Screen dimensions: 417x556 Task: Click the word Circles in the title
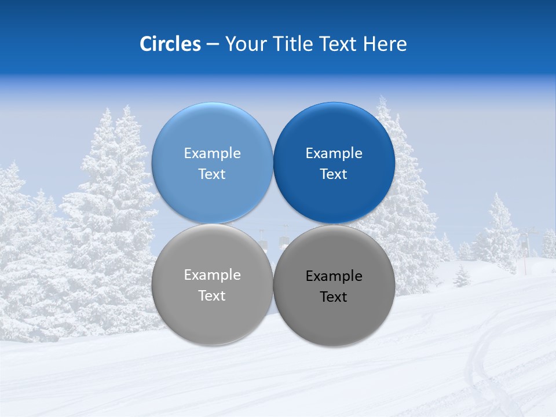[x=170, y=44]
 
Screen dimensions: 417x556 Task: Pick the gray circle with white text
[x=212, y=316]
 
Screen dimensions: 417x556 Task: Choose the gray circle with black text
[x=334, y=319]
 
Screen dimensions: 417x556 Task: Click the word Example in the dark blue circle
[x=334, y=153]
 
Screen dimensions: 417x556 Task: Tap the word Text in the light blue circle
[x=212, y=174]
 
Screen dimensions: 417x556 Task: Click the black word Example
[x=334, y=276]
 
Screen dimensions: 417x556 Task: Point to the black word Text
[x=334, y=297]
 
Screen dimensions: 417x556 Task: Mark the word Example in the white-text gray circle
[x=212, y=275]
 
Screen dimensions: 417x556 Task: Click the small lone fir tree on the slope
[x=462, y=276]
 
